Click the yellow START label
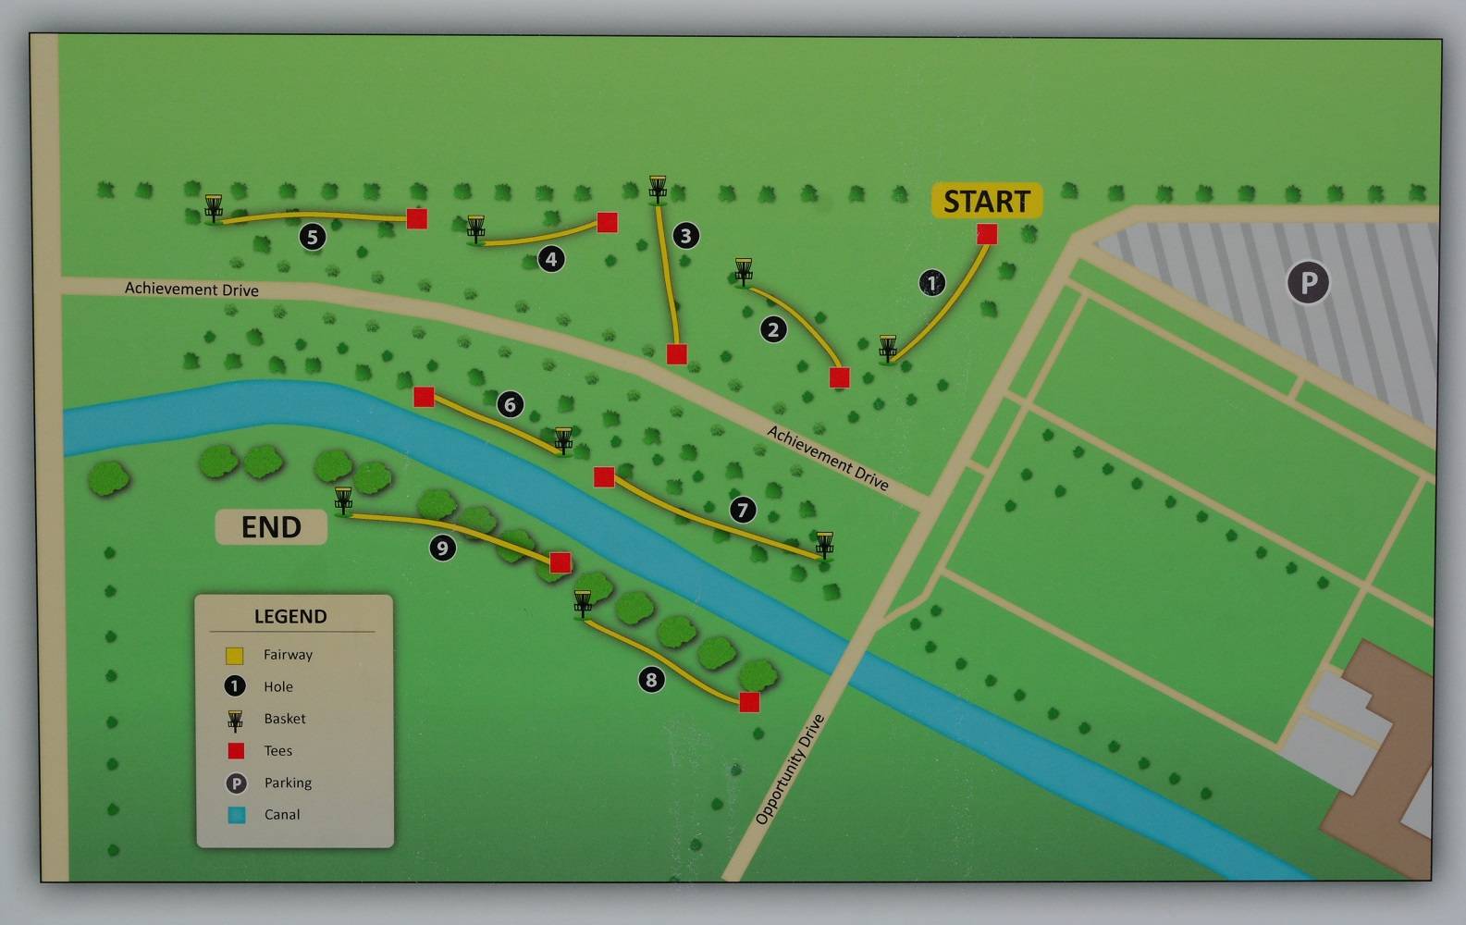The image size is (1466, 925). pyautogui.click(x=986, y=201)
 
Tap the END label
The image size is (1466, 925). pyautogui.click(x=271, y=527)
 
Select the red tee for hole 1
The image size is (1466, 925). pyautogui.click(x=987, y=234)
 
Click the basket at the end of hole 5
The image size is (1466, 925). pyautogui.click(x=214, y=208)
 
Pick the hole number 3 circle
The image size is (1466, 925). pyautogui.click(x=685, y=236)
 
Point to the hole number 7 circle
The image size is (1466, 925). pyautogui.click(x=743, y=510)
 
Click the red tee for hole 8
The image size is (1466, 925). pyautogui.click(x=749, y=702)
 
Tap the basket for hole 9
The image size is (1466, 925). pyautogui.click(x=343, y=500)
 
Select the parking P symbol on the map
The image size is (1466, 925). pyautogui.click(x=1308, y=282)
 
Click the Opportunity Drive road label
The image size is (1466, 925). pyautogui.click(x=789, y=770)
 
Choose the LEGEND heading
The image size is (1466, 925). pyautogui.click(x=290, y=616)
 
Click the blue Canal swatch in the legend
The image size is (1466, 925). pyautogui.click(x=237, y=815)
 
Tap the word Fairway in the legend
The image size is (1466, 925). pyautogui.click(x=288, y=655)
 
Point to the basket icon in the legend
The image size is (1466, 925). pyautogui.click(x=236, y=720)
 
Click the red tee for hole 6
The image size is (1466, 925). pyautogui.click(x=424, y=397)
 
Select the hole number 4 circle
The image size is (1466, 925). pyautogui.click(x=551, y=259)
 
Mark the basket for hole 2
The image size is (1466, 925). pyautogui.click(x=744, y=272)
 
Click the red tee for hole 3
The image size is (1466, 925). pyautogui.click(x=677, y=353)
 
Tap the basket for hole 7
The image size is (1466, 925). pyautogui.click(x=824, y=544)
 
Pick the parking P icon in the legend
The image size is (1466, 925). pyautogui.click(x=237, y=783)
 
